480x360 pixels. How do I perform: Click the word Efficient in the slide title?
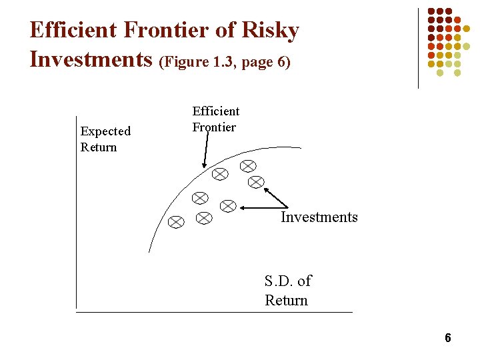pyautogui.click(x=73, y=31)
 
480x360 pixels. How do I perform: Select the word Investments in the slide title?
pyautogui.click(x=92, y=59)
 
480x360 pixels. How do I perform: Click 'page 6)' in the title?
pyautogui.click(x=267, y=63)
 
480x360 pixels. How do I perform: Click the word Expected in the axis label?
pyautogui.click(x=105, y=131)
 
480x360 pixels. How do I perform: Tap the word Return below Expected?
pyautogui.click(x=99, y=147)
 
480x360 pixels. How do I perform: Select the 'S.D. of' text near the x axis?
pyautogui.click(x=287, y=281)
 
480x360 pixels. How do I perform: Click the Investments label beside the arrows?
pyautogui.click(x=319, y=217)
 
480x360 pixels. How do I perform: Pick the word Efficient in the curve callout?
pyautogui.click(x=216, y=111)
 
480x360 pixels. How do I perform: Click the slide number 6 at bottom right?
pyautogui.click(x=448, y=338)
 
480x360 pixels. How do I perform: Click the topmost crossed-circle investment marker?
pyautogui.click(x=248, y=165)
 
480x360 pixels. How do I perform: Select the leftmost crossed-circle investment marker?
pyautogui.click(x=176, y=222)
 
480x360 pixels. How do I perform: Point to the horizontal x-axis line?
pyautogui.click(x=213, y=312)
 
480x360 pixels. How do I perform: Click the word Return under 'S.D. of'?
pyautogui.click(x=286, y=300)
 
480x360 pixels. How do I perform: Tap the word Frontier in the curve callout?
pyautogui.click(x=214, y=127)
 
